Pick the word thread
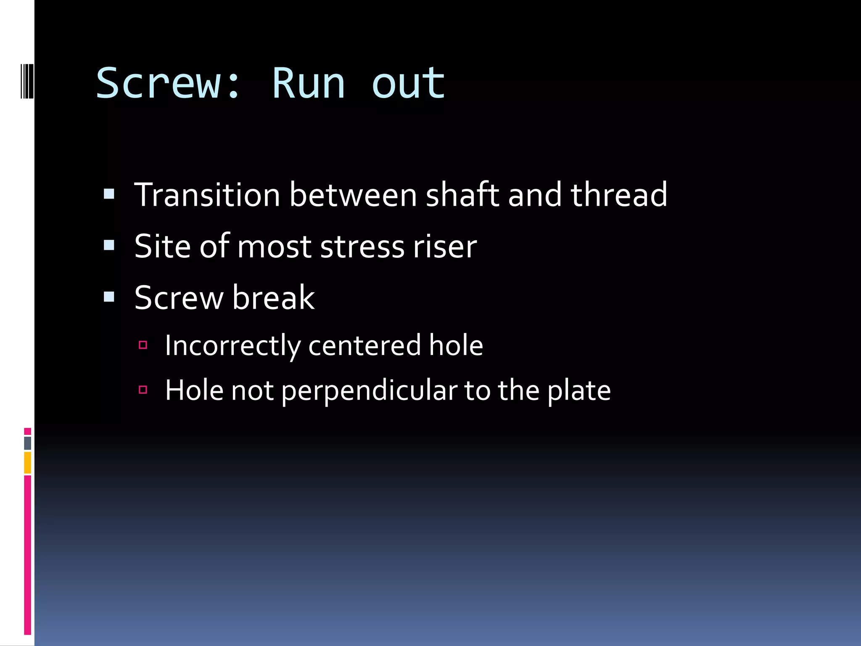pyautogui.click(x=618, y=195)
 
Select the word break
pyautogui.click(x=273, y=297)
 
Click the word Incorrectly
pyautogui.click(x=232, y=346)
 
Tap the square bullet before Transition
pyautogui.click(x=109, y=194)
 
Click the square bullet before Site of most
pyautogui.click(x=109, y=245)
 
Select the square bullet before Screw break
pyautogui.click(x=109, y=297)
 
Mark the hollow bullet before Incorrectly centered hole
pyautogui.click(x=143, y=345)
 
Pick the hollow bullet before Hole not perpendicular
pyautogui.click(x=143, y=390)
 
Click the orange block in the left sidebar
pyautogui.click(x=27, y=463)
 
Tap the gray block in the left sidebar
pyautogui.click(x=27, y=443)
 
